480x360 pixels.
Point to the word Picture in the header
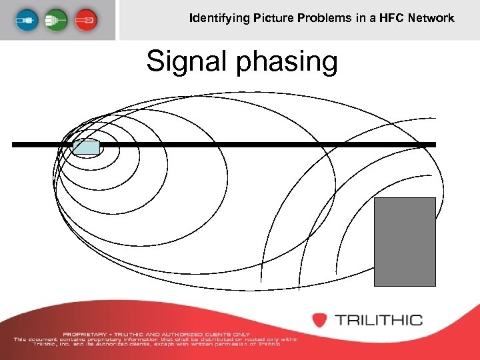[274, 18]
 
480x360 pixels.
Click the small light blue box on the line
[86, 147]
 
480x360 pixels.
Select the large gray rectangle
[405, 241]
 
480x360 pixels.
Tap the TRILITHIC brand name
[378, 319]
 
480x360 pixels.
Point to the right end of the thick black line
[434, 144]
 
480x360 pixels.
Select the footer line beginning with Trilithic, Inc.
[156, 344]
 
